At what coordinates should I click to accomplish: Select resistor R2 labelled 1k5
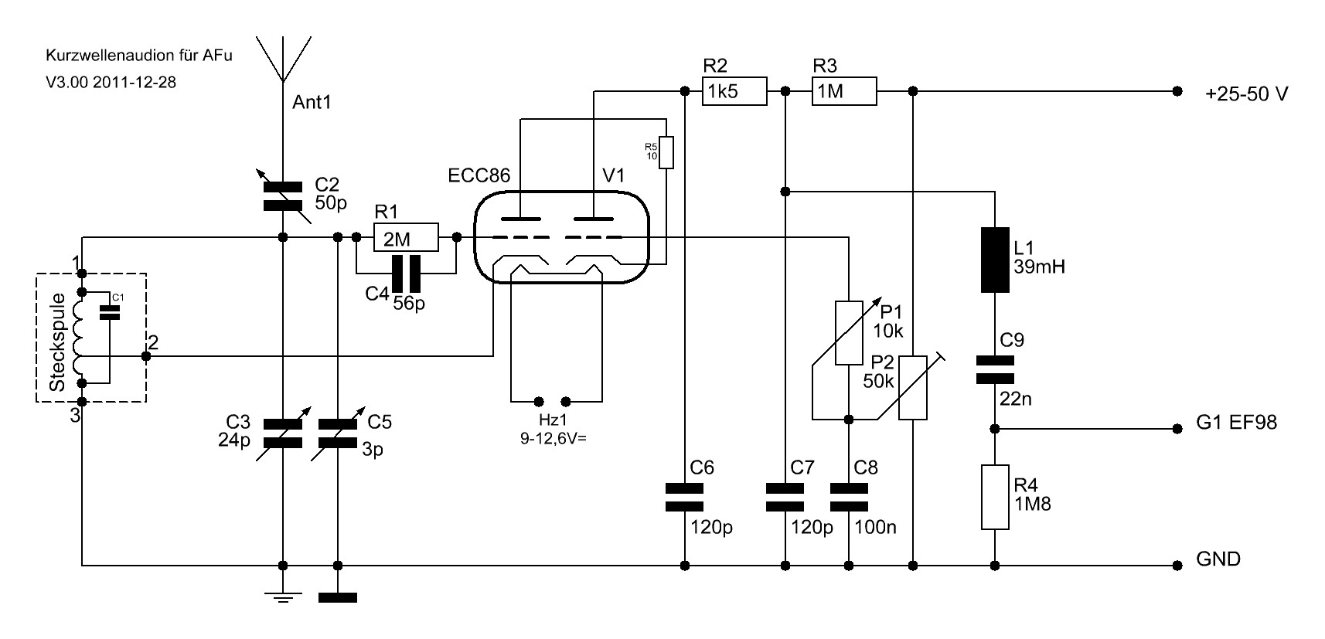click(x=734, y=91)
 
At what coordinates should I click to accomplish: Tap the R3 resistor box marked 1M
click(x=843, y=91)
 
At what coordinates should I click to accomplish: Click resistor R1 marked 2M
click(x=405, y=238)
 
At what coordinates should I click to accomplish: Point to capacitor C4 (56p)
click(x=405, y=273)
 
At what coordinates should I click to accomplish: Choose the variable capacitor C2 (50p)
click(x=282, y=196)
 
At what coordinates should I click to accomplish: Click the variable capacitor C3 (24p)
click(x=282, y=433)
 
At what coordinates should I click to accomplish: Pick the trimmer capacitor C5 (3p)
click(x=338, y=433)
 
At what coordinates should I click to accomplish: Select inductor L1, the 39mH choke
click(x=995, y=260)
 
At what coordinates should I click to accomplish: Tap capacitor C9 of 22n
click(x=995, y=369)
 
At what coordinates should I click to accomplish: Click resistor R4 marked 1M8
click(x=995, y=497)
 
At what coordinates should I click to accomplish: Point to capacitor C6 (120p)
click(x=685, y=497)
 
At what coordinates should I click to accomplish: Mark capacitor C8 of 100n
click(x=849, y=497)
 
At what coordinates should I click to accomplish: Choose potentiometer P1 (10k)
click(x=849, y=332)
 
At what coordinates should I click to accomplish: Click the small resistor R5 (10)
click(x=666, y=152)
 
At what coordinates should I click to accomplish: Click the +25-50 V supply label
click(x=1246, y=94)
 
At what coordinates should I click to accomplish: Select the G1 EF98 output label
click(x=1236, y=423)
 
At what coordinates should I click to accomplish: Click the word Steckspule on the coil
click(x=57, y=342)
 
